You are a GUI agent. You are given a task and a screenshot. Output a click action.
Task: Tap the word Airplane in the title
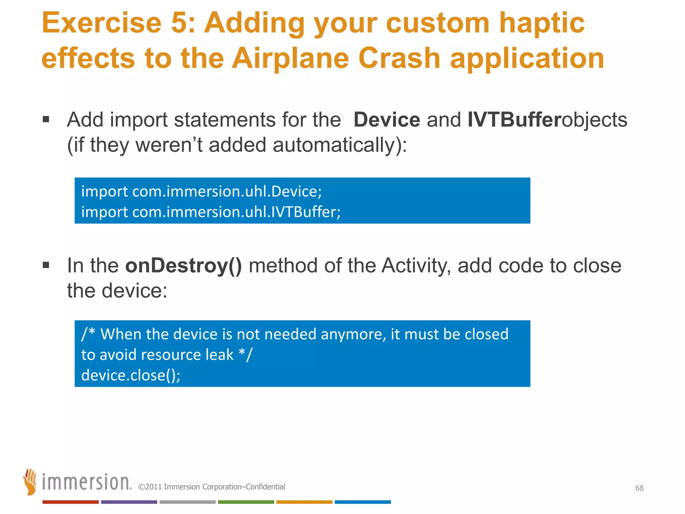pyautogui.click(x=290, y=59)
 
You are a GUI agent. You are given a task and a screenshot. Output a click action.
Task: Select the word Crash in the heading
pyautogui.click(x=399, y=59)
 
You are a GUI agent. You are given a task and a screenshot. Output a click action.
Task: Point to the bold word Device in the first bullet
pyautogui.click(x=386, y=120)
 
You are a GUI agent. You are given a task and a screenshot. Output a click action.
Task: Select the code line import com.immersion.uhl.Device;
pyautogui.click(x=201, y=191)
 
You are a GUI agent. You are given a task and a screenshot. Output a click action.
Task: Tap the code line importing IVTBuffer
pyautogui.click(x=211, y=212)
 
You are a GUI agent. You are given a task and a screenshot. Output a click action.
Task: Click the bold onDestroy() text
pyautogui.click(x=183, y=266)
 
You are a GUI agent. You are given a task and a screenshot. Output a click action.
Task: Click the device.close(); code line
pyautogui.click(x=131, y=375)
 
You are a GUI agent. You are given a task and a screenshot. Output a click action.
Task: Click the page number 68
pyautogui.click(x=639, y=488)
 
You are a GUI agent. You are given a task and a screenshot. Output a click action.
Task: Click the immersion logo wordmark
pyautogui.click(x=86, y=482)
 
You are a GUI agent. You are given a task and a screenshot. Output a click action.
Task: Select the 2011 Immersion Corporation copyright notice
pyautogui.click(x=212, y=487)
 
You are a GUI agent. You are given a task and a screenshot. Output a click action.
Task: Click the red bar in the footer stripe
pyautogui.click(x=71, y=502)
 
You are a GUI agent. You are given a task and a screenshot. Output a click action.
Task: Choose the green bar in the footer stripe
pyautogui.click(x=246, y=502)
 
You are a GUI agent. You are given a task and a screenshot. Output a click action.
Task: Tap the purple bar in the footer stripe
pyautogui.click(x=129, y=502)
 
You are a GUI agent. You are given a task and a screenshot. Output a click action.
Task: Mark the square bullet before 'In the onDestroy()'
pyautogui.click(x=46, y=265)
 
